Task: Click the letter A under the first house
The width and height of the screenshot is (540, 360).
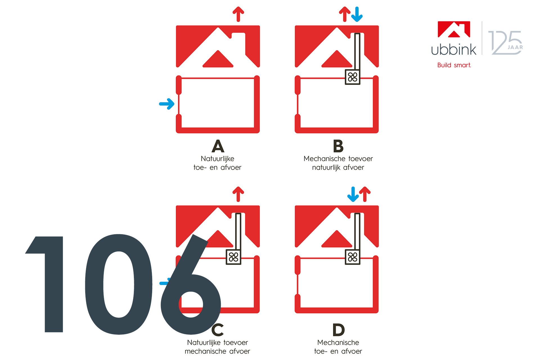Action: point(218,146)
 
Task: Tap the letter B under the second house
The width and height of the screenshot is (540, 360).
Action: point(338,146)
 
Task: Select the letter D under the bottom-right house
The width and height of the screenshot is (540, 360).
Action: point(339,330)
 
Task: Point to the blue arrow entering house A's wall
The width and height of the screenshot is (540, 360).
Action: point(167,104)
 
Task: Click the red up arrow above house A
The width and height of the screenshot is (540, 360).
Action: point(238,14)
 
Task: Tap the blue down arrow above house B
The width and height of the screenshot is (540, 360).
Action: point(357,14)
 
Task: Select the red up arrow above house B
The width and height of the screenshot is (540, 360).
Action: point(345,14)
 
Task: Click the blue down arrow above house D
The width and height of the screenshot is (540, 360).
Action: point(353,194)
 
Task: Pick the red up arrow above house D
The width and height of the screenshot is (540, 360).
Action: point(365,194)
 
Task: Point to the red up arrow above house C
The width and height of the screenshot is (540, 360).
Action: point(238,194)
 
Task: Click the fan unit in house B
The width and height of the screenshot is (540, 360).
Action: point(352,77)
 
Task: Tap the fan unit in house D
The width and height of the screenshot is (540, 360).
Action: point(352,257)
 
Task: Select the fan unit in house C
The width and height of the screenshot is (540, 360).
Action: point(233,257)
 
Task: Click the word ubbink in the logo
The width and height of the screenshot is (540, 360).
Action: point(454,49)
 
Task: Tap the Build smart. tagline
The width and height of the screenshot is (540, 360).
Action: point(454,65)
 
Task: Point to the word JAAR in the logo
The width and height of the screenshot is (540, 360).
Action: point(515,47)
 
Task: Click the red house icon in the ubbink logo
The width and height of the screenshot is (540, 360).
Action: point(454,29)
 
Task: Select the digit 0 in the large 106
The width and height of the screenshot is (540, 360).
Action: point(119,284)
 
